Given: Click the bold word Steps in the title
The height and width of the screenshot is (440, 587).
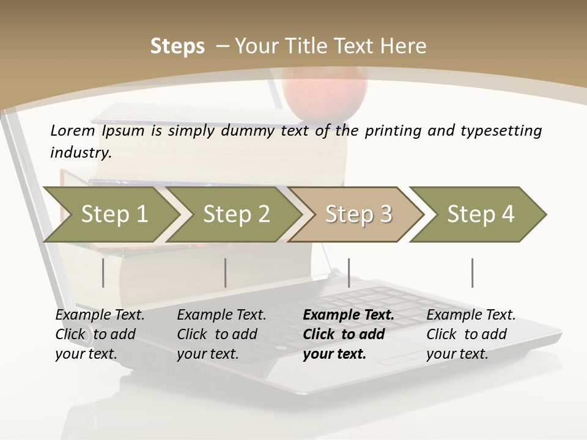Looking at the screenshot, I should [x=177, y=46].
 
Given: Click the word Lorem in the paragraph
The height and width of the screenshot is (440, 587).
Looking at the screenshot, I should [x=72, y=130].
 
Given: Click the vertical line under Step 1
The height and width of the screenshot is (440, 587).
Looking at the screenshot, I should [x=103, y=273].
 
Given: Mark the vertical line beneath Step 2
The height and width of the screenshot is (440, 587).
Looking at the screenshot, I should [x=226, y=273].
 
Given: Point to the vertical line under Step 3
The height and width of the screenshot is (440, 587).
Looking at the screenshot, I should [x=349, y=273].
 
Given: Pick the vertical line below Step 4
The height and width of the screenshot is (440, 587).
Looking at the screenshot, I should [x=472, y=273].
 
